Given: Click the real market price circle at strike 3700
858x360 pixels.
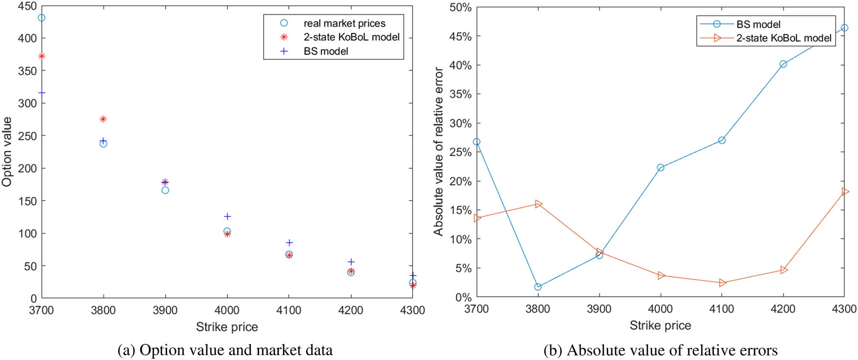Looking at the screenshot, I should coord(42,18).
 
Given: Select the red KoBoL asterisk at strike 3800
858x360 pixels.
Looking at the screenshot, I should coord(103,119).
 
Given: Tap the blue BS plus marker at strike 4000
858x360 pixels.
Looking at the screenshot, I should coord(227,216).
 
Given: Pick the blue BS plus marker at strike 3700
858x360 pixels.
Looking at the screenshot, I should coord(42,93).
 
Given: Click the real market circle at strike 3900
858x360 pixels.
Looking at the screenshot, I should coord(165,190).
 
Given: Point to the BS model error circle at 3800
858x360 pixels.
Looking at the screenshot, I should coord(538,287).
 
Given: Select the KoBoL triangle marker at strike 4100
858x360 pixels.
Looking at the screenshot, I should coord(722,283).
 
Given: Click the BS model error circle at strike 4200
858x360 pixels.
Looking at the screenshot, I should coord(783,64).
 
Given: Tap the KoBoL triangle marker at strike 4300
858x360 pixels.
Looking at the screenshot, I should coord(845,192).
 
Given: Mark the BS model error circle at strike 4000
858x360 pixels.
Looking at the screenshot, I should coord(661,168).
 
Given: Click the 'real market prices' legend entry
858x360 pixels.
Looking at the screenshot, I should coord(344,24).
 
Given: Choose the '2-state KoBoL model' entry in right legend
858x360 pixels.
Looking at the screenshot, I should coord(783,38).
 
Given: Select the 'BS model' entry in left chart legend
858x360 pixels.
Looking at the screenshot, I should coord(325,51).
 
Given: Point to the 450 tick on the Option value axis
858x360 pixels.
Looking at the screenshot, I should coord(27,6).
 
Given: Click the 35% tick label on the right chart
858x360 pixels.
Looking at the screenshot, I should coord(460,94).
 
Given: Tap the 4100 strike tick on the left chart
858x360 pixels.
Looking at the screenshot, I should coord(289,310).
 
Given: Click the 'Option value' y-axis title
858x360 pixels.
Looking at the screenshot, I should coord(7,152).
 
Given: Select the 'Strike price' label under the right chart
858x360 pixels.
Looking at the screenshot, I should coord(660,326).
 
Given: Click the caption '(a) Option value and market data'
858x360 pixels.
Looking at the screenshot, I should coord(225,350).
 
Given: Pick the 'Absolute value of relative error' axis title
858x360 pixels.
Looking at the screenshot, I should coord(438,152).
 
